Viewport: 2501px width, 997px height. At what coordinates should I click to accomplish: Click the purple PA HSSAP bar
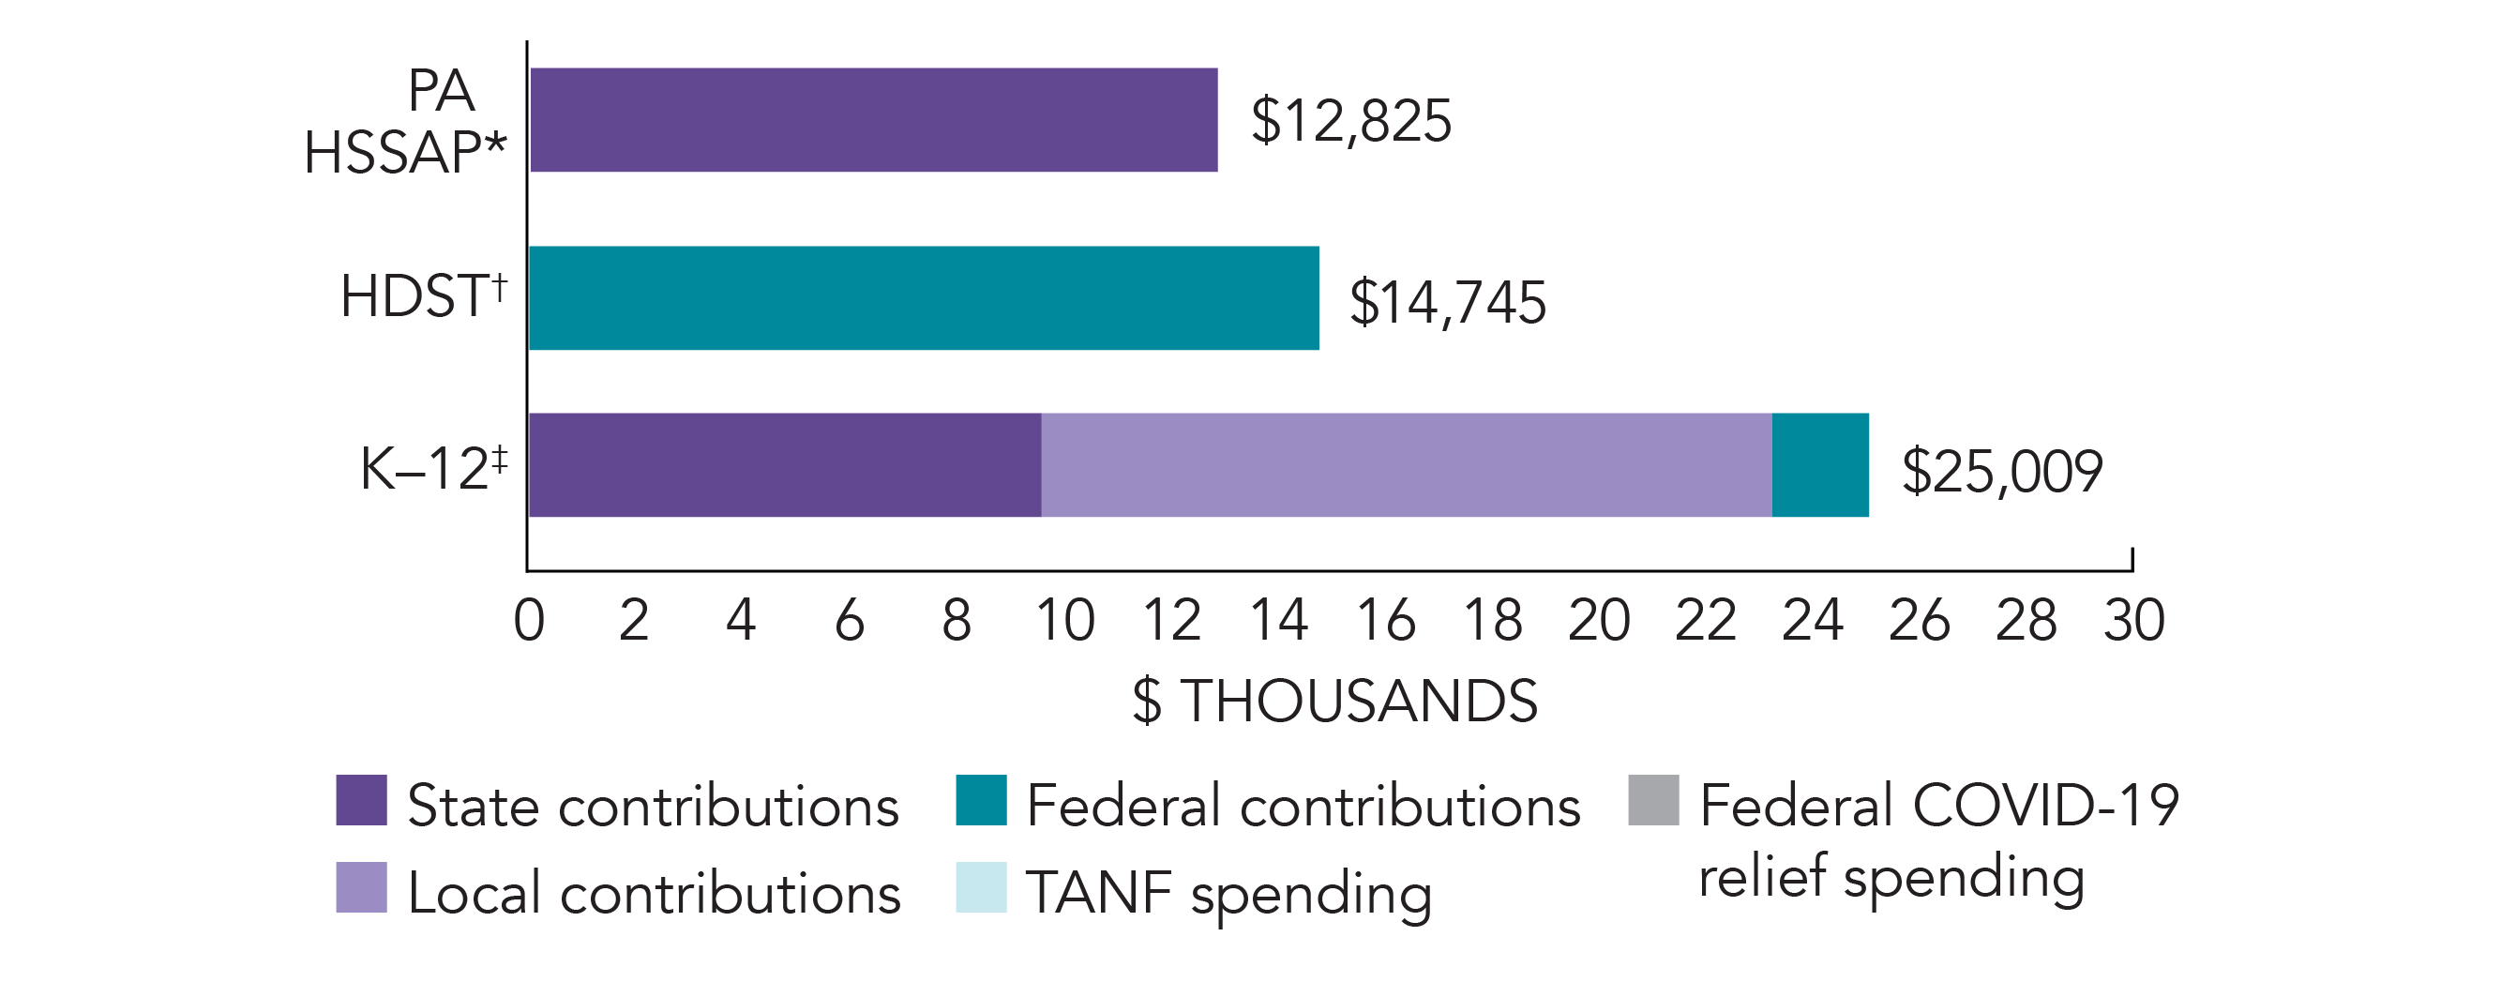[x=873, y=119]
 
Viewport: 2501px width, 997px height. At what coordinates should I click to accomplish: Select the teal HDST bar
[x=924, y=298]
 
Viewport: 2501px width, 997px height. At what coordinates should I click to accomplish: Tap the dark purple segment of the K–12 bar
[x=785, y=465]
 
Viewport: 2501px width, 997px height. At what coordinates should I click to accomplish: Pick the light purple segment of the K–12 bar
[x=1406, y=465]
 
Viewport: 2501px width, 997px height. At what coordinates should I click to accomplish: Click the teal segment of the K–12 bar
[x=1819, y=465]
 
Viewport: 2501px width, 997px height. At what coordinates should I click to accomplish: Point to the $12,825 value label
[x=1350, y=121]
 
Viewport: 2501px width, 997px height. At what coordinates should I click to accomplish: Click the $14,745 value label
[x=1447, y=302]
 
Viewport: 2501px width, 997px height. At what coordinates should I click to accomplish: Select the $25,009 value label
[x=2001, y=472]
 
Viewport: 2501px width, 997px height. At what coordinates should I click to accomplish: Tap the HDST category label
[x=423, y=296]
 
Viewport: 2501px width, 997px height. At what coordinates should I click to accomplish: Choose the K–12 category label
[x=433, y=469]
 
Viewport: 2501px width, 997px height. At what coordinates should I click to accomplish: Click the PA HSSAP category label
[x=406, y=122]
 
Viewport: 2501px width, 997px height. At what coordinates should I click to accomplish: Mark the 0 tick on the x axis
[x=529, y=620]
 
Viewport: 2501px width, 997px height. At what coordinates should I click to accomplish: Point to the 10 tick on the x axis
[x=1065, y=620]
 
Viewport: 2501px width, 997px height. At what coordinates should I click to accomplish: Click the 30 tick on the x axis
[x=2133, y=620]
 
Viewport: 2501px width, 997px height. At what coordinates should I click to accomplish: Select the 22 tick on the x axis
[x=1706, y=620]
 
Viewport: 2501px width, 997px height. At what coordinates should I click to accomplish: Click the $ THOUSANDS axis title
[x=1335, y=701]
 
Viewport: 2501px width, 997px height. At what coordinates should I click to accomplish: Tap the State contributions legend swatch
[x=361, y=800]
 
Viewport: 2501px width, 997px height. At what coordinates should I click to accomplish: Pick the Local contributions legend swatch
[x=361, y=887]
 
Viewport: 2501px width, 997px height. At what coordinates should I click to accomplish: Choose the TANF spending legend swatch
[x=981, y=887]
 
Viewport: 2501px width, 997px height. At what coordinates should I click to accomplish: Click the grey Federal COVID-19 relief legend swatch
[x=1653, y=800]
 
